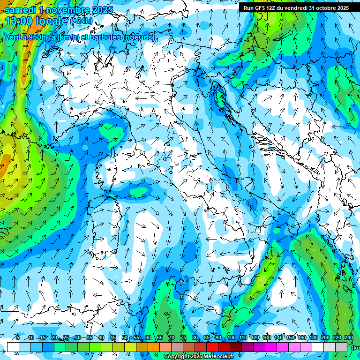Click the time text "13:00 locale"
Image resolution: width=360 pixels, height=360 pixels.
click(x=37, y=21)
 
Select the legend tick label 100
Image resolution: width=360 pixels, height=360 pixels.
click(x=232, y=337)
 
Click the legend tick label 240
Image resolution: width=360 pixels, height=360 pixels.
click(x=349, y=337)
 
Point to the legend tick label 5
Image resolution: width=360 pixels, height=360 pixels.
click(x=18, y=337)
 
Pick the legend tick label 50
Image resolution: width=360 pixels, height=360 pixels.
click(x=125, y=337)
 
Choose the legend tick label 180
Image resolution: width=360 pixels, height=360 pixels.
click(x=314, y=337)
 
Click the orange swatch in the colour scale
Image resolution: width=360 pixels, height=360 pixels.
click(x=154, y=347)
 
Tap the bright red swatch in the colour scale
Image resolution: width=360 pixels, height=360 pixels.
click(x=212, y=347)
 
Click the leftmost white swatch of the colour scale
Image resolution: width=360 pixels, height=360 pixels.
click(x=13, y=347)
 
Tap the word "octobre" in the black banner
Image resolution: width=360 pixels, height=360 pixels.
click(x=325, y=7)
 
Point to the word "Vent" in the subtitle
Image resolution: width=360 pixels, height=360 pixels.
click(x=12, y=37)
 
